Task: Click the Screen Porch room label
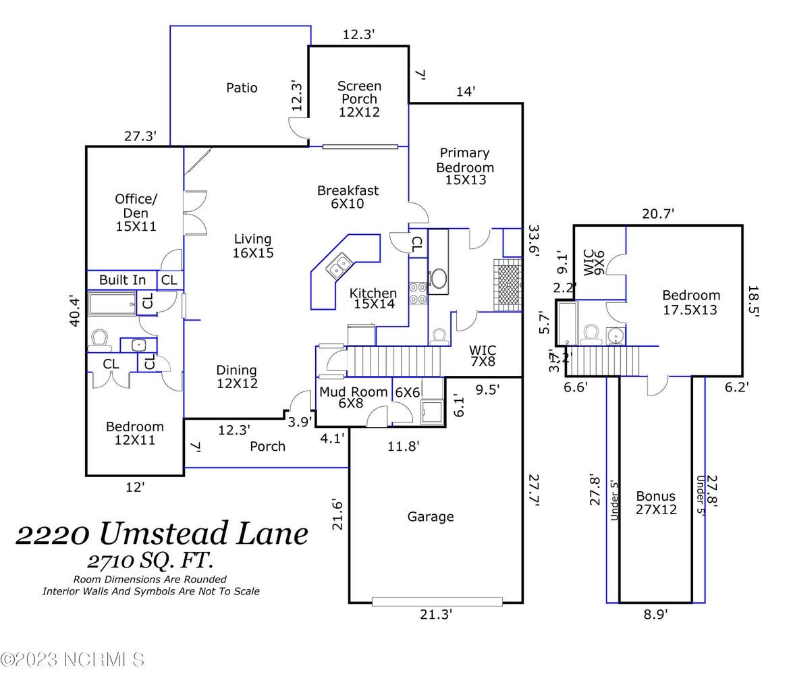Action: (359, 99)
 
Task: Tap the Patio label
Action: (242, 88)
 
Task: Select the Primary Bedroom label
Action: (465, 166)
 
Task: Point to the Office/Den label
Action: (136, 212)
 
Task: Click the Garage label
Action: (431, 517)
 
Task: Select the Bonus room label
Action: (656, 503)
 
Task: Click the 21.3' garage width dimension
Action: (436, 614)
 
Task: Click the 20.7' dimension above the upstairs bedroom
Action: (657, 214)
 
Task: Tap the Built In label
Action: (122, 279)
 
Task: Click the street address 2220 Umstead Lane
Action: (162, 533)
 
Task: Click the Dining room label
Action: (237, 377)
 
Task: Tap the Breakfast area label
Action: (348, 196)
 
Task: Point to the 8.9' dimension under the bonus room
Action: (655, 614)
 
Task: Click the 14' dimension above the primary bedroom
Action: (465, 91)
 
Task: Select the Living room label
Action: (253, 246)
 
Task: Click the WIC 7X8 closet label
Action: (483, 356)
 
